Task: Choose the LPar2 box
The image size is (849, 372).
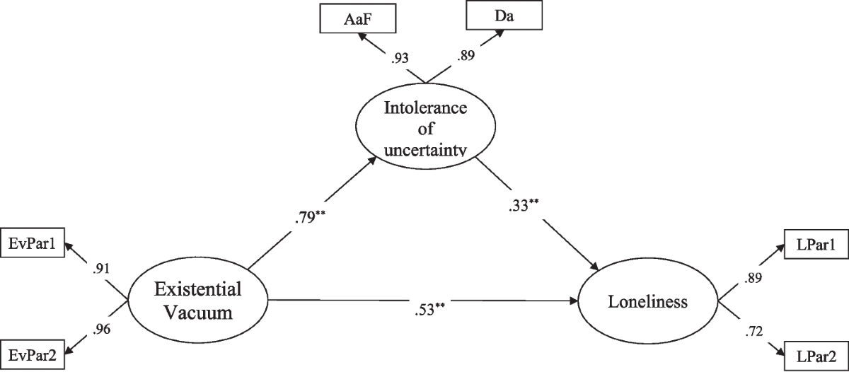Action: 815,354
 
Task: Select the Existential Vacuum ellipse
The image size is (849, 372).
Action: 198,301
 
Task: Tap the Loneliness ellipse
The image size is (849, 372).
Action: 648,302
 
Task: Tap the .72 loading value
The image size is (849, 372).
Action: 749,329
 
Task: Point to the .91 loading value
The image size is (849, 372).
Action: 101,269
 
